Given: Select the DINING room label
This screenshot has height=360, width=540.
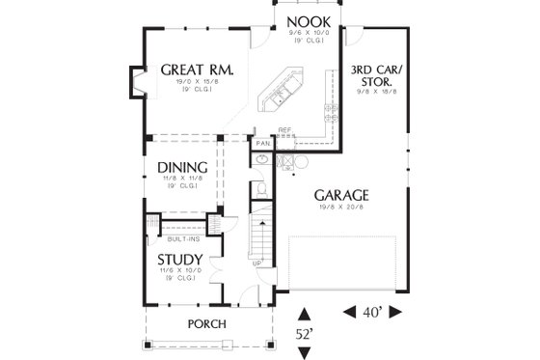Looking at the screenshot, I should tap(183, 167).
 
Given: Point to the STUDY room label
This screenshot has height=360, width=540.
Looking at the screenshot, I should tap(179, 260).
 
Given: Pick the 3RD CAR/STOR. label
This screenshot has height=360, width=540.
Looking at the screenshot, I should tap(376, 76).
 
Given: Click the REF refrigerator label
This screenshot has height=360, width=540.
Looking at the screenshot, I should tap(284, 130).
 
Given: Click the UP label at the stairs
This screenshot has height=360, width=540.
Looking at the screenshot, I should tap(256, 263).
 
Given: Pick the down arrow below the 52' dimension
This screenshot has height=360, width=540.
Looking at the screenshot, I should tap(305, 352).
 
